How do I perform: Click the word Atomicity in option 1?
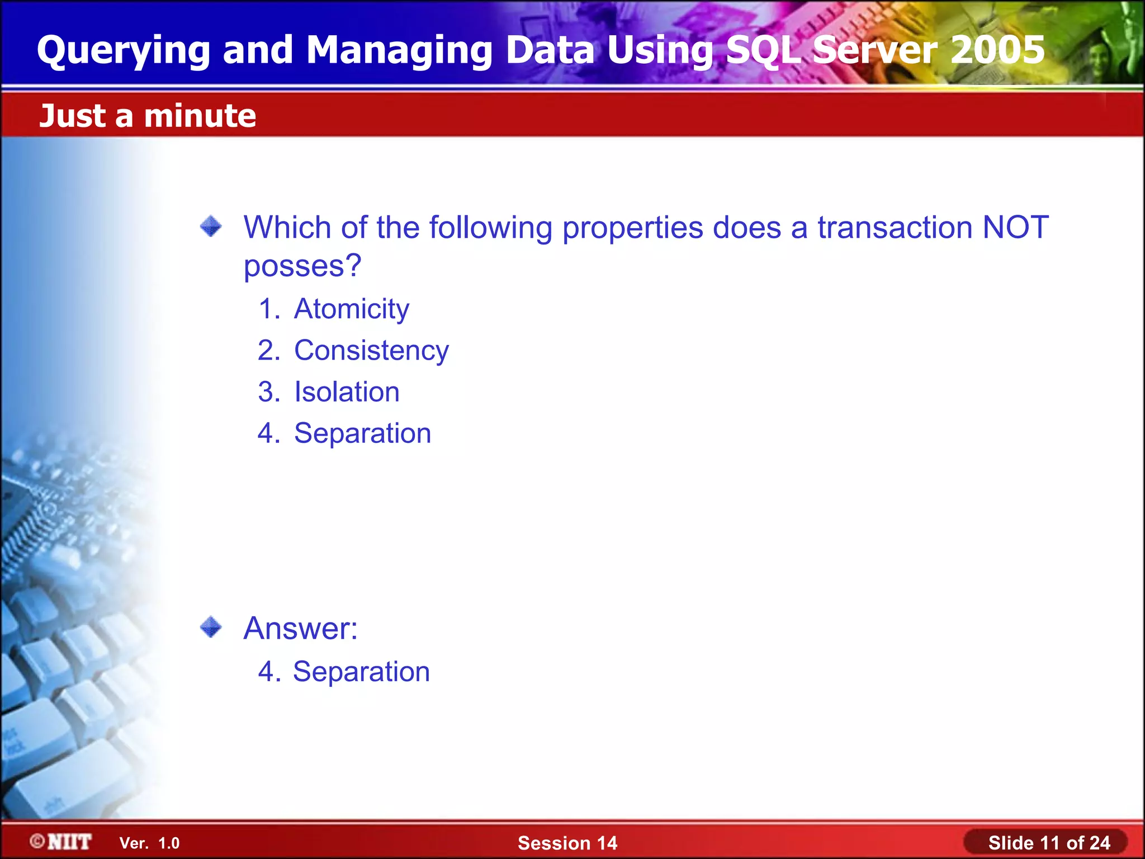pos(351,309)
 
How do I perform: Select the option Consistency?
pos(371,351)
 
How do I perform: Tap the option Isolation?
pos(347,392)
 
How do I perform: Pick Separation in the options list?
pos(362,433)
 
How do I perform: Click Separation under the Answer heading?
pos(361,672)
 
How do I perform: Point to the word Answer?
pos(300,629)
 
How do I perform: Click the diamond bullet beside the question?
pos(211,226)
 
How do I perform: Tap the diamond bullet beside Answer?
pos(211,627)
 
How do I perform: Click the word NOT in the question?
pos(1015,228)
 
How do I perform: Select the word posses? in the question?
pos(302,266)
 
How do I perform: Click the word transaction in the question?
pos(895,228)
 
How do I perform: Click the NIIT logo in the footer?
pos(61,842)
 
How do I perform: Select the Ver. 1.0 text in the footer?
pos(149,843)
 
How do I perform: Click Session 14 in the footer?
pos(567,843)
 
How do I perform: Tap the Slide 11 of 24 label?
pos(1048,843)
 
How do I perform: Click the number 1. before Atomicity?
pos(269,309)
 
